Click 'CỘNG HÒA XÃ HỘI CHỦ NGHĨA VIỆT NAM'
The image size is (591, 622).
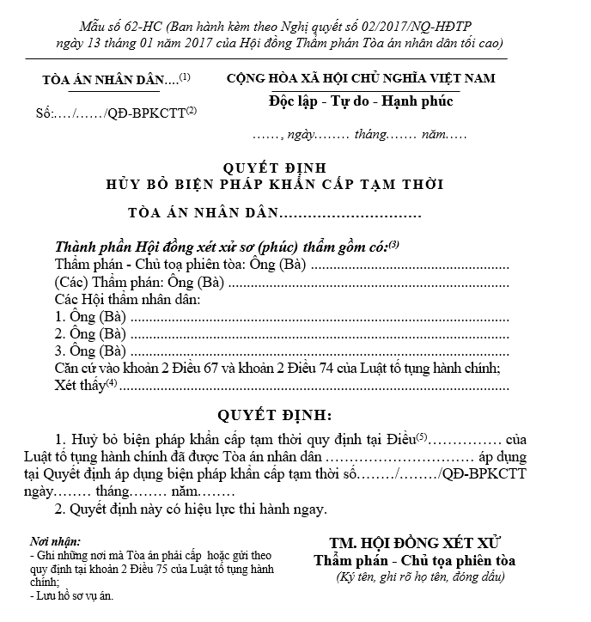(361, 78)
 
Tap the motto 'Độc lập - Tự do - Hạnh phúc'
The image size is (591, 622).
(361, 101)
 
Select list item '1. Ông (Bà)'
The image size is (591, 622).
(90, 317)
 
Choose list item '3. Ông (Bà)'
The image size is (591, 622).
(90, 351)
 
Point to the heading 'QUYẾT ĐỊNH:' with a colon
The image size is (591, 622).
(274, 415)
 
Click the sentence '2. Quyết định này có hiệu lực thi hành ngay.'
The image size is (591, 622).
(191, 509)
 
